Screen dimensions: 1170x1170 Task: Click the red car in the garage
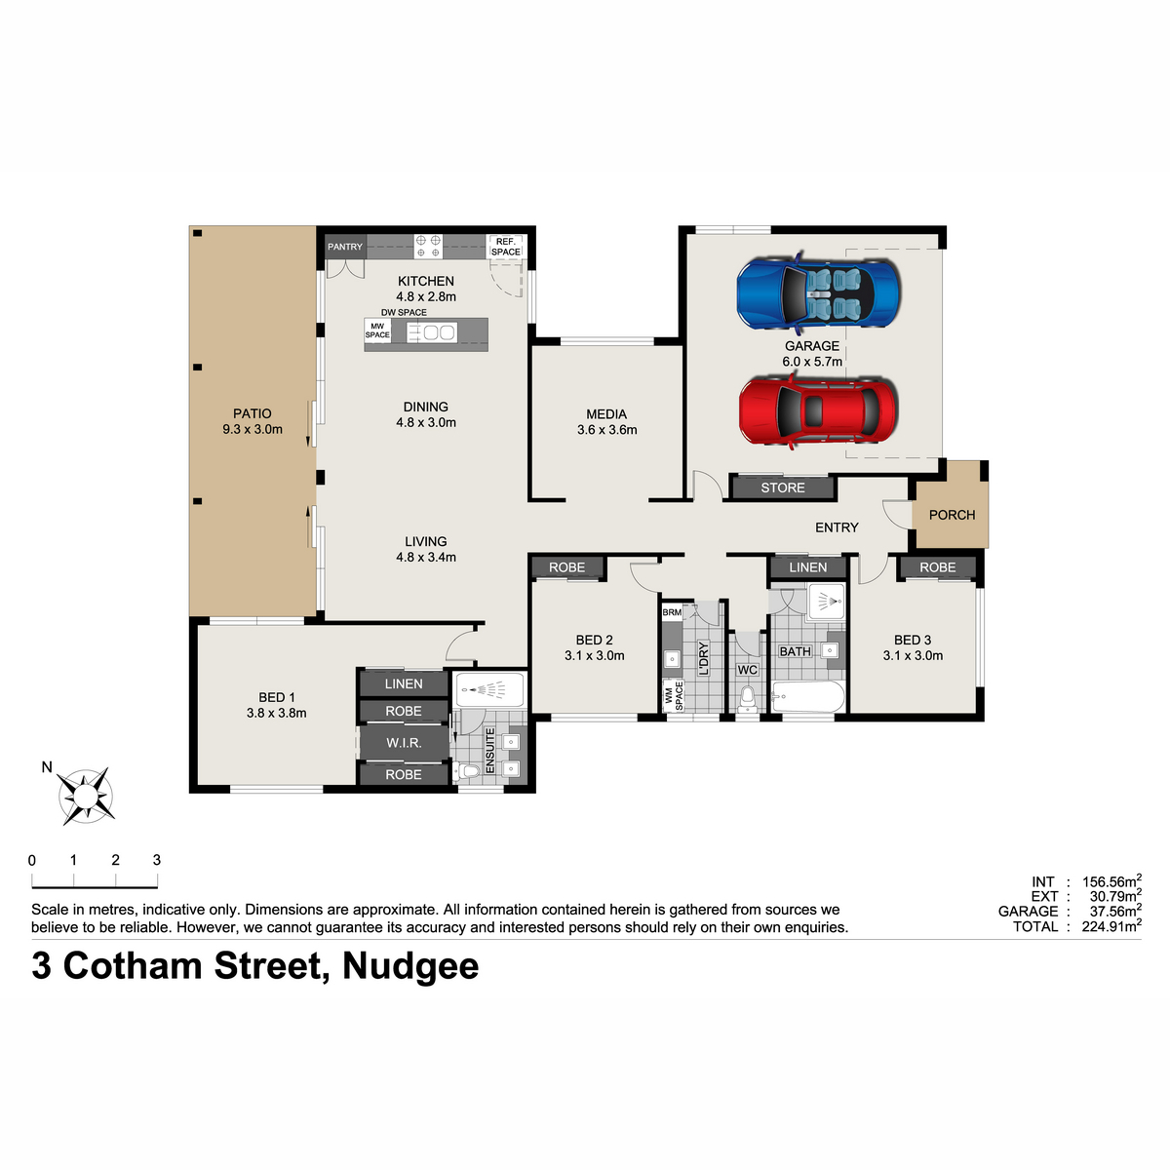[817, 411]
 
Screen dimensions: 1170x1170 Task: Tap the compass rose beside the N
[86, 796]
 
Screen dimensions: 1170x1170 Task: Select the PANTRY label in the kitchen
[345, 247]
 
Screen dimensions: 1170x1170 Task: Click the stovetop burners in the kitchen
[428, 246]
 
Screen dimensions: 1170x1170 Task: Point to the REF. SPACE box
[506, 247]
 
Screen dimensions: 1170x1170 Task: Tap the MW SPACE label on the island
[377, 331]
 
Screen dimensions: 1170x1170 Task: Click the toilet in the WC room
[748, 698]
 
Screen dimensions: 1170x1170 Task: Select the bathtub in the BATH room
[808, 696]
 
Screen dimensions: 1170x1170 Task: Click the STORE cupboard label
[783, 487]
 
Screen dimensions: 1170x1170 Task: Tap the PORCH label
[952, 515]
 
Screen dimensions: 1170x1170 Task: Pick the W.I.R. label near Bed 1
[404, 743]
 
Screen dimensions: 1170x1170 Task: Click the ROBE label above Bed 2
[567, 567]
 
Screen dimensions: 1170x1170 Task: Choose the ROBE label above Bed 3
[937, 567]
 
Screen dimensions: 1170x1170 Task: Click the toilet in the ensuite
[468, 771]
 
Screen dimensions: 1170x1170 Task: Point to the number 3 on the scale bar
[157, 860]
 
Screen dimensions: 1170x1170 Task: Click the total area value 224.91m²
[1111, 926]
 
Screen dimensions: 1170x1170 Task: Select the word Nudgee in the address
[410, 966]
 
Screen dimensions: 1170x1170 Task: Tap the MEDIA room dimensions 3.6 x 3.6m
[607, 430]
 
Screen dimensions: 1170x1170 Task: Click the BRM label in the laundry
[672, 612]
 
